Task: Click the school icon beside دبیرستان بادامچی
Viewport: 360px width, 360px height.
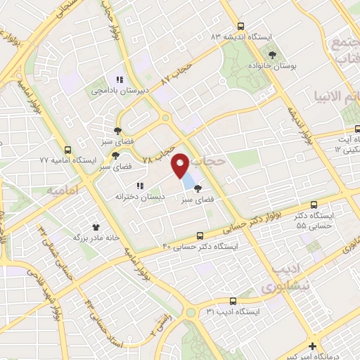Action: [x=120, y=79]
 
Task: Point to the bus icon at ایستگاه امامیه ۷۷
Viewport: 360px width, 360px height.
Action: [x=67, y=150]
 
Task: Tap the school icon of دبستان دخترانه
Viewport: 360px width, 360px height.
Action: [x=140, y=186]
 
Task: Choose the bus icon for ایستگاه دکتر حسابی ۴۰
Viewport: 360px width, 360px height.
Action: [x=201, y=236]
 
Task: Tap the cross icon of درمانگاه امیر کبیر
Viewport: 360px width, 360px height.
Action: [x=312, y=345]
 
